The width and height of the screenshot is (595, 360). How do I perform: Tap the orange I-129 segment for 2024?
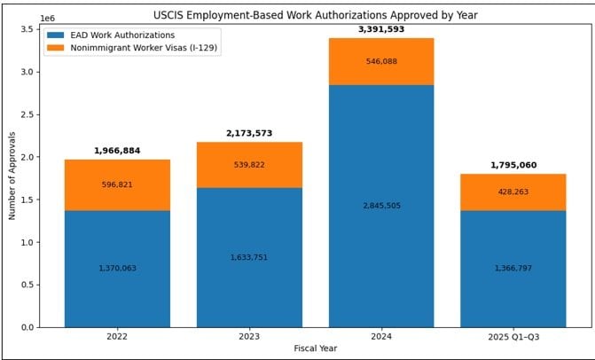coord(381,61)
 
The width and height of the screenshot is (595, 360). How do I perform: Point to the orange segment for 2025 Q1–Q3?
coord(513,192)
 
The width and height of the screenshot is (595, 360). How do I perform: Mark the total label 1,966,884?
coord(117,151)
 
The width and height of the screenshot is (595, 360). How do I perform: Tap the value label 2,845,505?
coord(381,206)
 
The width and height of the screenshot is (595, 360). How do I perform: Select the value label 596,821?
coord(117,184)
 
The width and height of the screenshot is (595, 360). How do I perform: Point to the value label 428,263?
coord(513,192)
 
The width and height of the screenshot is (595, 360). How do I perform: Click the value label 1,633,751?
coord(249,257)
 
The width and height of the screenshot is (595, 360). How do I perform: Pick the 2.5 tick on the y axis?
coord(31,114)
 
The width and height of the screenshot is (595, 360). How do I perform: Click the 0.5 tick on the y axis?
coord(31,285)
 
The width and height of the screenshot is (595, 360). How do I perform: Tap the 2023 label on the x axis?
coord(249,337)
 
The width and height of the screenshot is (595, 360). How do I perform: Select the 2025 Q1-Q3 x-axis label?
coord(513,337)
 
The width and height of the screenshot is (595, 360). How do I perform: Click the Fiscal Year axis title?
coord(315,348)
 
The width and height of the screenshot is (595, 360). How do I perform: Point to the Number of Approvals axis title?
coord(12,178)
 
